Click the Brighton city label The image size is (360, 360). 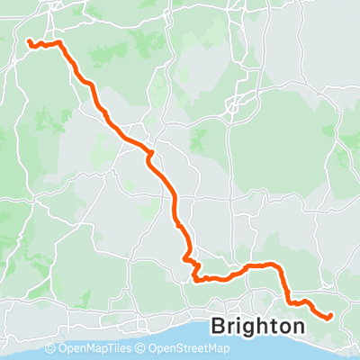click(256, 326)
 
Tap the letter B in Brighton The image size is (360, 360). click(217, 326)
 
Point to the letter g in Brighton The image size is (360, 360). click(251, 328)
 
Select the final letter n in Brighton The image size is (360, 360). click(296, 327)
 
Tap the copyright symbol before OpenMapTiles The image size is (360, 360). click(49, 349)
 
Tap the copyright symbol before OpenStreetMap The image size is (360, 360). click(140, 349)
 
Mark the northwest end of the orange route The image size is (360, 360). click(29, 41)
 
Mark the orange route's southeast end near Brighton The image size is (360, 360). click(330, 315)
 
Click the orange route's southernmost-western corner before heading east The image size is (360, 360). click(196, 279)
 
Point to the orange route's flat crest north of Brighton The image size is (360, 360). click(261, 265)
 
